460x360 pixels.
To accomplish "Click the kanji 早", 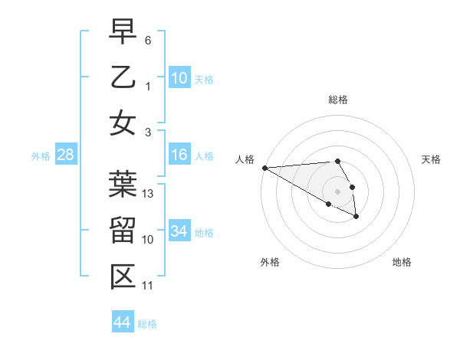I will click(123, 32).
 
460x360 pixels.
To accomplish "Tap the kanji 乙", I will click(123, 78).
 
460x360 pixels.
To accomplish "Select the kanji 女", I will click(123, 123).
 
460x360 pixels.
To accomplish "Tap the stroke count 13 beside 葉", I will click(149, 194).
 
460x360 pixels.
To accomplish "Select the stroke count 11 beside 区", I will click(148, 286).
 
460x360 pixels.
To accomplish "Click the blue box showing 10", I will click(179, 77).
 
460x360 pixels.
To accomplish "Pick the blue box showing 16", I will click(179, 155).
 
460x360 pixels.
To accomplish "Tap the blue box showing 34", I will click(179, 231).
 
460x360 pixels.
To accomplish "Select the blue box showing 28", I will click(65, 155).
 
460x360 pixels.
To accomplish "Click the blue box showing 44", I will click(122, 322).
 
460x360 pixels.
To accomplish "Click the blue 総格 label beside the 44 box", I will click(147, 324).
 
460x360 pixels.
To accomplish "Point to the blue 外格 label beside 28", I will click(41, 156).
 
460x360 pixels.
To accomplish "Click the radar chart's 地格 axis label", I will click(402, 262).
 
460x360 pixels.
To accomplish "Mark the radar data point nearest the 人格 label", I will click(264, 168).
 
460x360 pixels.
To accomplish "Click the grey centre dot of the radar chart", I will click(337, 191).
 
